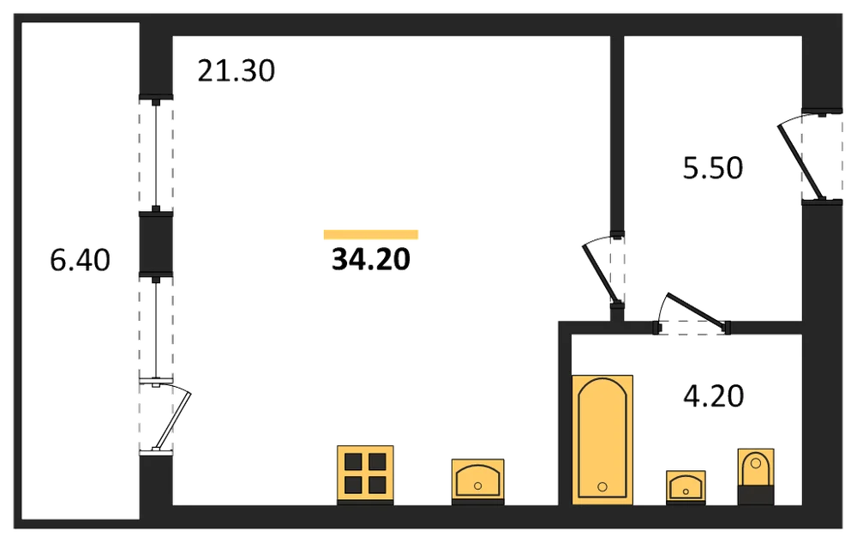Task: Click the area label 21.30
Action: click(237, 71)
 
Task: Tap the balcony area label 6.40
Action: click(80, 260)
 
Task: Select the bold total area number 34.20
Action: click(370, 259)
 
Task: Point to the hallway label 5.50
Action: click(713, 168)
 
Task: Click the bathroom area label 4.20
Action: click(713, 396)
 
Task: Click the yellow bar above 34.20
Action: click(370, 234)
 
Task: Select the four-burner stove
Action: click(365, 474)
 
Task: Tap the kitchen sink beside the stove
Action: click(477, 481)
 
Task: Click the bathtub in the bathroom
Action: click(602, 439)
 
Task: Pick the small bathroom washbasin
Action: click(686, 486)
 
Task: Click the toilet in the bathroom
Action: click(756, 476)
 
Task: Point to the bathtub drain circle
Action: click(602, 486)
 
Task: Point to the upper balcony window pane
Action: click(156, 155)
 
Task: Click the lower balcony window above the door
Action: click(156, 328)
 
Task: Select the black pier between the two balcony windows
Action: click(156, 243)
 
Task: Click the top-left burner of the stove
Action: click(353, 462)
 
